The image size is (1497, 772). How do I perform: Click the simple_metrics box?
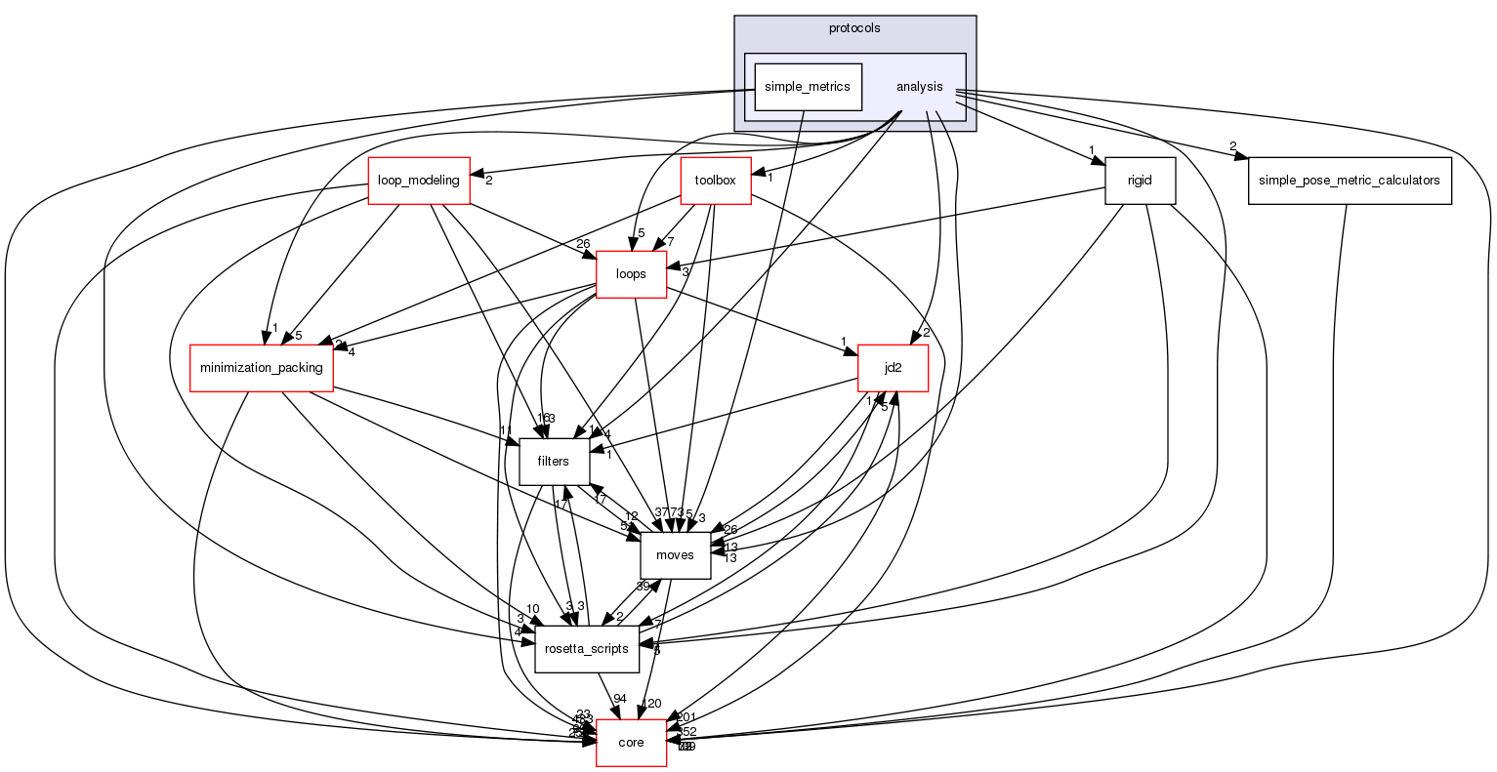(x=807, y=87)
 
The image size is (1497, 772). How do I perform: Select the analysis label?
(x=919, y=87)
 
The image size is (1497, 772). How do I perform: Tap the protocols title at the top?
(x=854, y=28)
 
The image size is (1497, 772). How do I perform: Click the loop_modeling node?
(x=419, y=181)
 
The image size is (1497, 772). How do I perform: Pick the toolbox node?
(x=715, y=181)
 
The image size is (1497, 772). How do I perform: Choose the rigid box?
(x=1140, y=181)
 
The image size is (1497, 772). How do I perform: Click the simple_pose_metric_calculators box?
(x=1349, y=181)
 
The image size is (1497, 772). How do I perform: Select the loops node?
(x=631, y=274)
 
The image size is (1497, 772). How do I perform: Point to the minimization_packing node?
(x=262, y=368)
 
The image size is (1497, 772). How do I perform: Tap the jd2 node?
(x=892, y=368)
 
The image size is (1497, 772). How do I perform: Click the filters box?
(x=554, y=462)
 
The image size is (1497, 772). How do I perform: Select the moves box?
(x=675, y=555)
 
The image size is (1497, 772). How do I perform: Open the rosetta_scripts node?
(x=587, y=649)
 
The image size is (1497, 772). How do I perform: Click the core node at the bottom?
(x=631, y=743)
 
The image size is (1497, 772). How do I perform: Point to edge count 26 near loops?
(x=584, y=244)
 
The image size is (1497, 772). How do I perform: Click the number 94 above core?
(x=620, y=698)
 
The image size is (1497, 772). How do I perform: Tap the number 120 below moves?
(x=650, y=704)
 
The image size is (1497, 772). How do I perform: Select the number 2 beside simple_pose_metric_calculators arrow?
(x=1232, y=146)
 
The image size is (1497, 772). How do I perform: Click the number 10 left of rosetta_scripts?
(x=532, y=609)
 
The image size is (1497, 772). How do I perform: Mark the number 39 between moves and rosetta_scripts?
(x=644, y=586)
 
